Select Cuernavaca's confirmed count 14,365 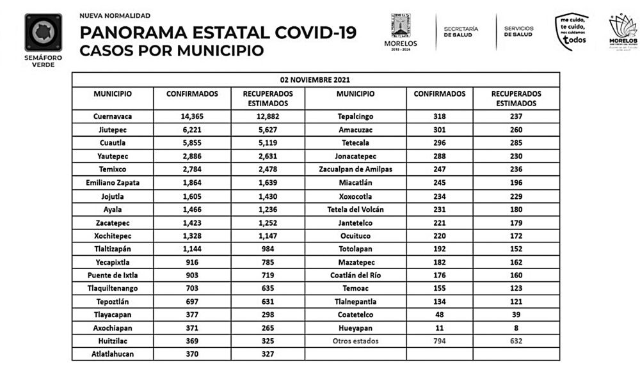(192, 116)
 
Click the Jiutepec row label (113, 130)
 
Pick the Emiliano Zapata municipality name (113, 183)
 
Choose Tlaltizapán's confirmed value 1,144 (192, 249)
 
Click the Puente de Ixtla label (113, 275)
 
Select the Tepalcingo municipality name (355, 116)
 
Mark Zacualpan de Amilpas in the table (355, 169)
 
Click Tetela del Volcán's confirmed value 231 (439, 209)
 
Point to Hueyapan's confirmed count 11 (439, 328)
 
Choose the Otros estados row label (355, 341)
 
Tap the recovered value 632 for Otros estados (516, 341)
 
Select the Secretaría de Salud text (460, 32)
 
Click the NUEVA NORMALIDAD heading (115, 15)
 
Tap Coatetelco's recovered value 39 (516, 315)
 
